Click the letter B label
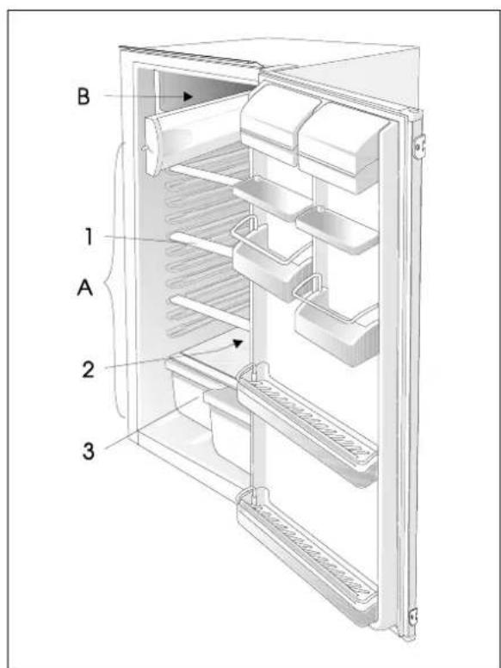83,96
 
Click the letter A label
84,288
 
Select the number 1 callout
88,237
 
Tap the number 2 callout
88,369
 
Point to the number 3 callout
88,451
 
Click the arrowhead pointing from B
188,96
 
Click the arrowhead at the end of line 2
238,343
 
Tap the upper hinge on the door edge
419,146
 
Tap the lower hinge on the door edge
413,616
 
